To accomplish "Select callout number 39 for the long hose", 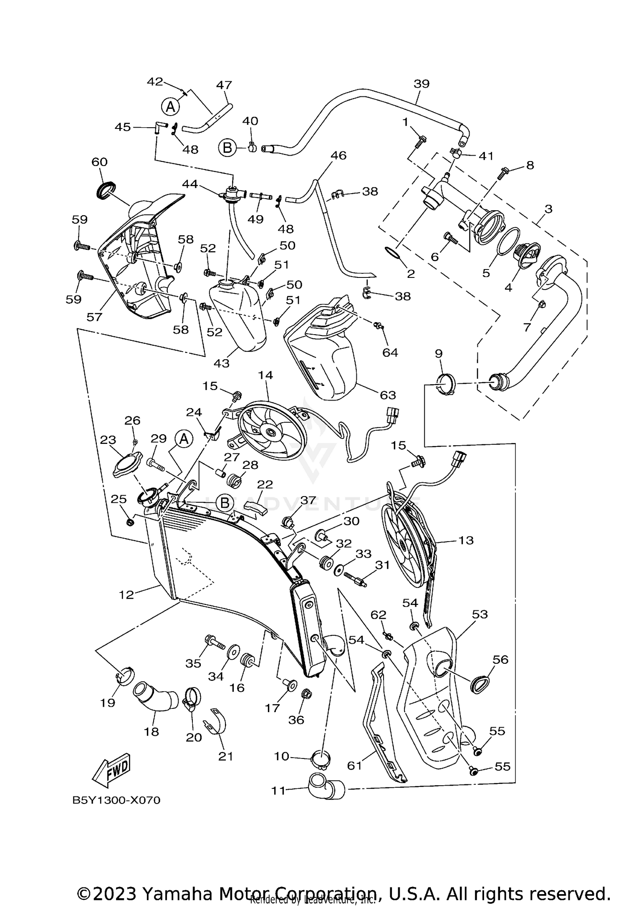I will [422, 83].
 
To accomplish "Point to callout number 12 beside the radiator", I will [126, 594].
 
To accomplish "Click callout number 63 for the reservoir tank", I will [388, 394].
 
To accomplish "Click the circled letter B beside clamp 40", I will [227, 148].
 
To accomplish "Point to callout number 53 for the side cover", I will [480, 614].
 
